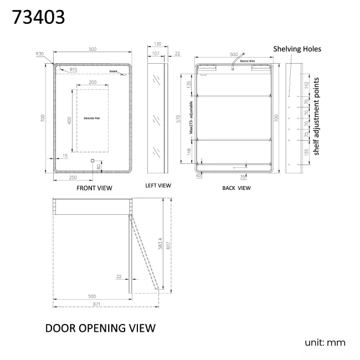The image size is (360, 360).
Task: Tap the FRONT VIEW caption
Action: pos(94,188)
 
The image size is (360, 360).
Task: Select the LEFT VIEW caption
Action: pos(158,186)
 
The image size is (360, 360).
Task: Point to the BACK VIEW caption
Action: pos(236,188)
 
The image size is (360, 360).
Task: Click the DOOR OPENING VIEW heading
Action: pos(100,328)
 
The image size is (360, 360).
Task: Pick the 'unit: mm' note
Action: pos(325,342)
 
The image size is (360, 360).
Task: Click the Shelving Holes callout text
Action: pos(297,49)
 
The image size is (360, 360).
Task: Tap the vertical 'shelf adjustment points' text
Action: pos(316,116)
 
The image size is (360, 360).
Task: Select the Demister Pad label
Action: pos(91,119)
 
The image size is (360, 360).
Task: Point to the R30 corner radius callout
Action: pos(39,54)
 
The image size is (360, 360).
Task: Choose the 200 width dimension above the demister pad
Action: pos(92,82)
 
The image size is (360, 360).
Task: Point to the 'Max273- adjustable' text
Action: pos(192,118)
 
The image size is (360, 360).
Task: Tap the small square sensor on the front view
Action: pos(92,162)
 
